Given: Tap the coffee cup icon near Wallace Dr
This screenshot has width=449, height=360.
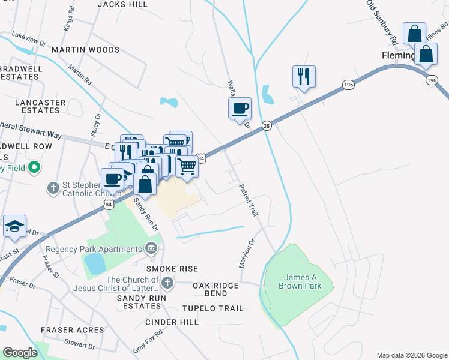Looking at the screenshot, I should click(x=240, y=109).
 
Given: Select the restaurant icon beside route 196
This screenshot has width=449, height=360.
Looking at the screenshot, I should click(x=304, y=76).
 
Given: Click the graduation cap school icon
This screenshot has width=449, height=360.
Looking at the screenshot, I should click(x=14, y=226).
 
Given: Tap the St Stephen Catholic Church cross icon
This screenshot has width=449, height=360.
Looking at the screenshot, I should click(x=53, y=188).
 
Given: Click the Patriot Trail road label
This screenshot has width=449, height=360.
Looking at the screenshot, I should click(x=249, y=200).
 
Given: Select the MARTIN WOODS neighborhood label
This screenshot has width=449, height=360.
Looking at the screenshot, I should click(x=86, y=50).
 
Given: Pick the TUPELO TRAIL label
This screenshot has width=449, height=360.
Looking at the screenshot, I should click(x=214, y=308).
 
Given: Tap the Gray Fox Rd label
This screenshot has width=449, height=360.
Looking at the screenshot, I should click(x=148, y=341).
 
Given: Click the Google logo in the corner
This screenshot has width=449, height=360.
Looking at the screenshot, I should click(x=20, y=353).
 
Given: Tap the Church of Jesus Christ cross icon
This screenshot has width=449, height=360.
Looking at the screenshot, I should click(x=167, y=282).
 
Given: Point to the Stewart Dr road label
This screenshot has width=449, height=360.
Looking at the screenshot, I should click(x=79, y=345).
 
